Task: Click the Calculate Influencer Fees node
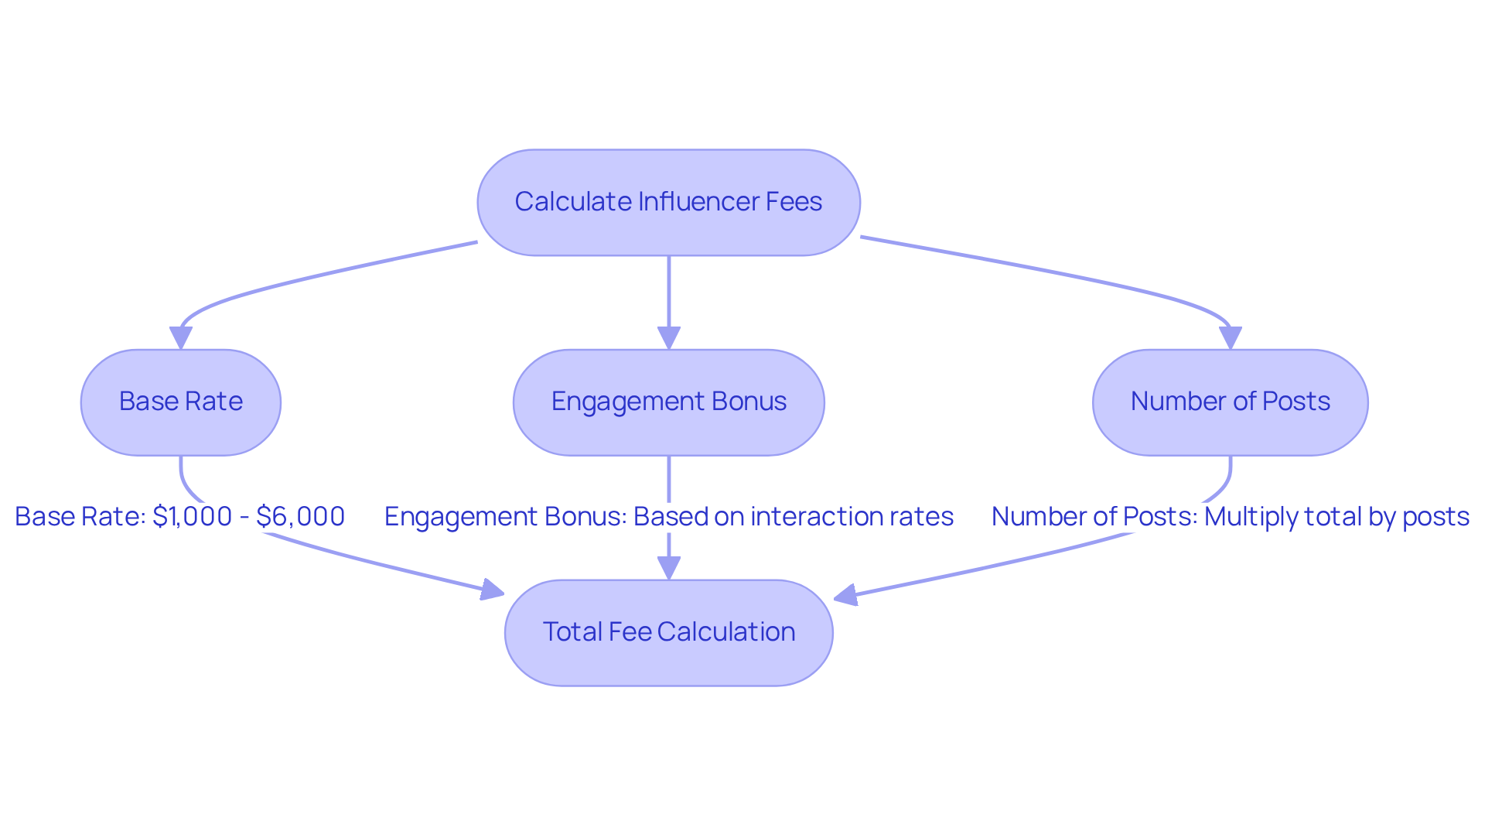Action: pos(668,202)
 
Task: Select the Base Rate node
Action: pos(180,402)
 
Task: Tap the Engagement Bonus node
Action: pos(668,402)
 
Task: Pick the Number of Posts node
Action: pos(1230,402)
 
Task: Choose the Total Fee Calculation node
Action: pos(668,632)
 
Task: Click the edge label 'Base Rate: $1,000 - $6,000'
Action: pos(179,516)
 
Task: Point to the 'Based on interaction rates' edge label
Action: pos(793,516)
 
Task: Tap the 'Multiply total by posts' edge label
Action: pos(1336,516)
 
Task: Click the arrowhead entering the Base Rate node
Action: pos(180,338)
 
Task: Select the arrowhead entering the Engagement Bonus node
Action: pos(668,338)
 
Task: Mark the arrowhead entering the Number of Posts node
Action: pos(1230,338)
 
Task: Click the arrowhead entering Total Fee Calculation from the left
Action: pos(492,590)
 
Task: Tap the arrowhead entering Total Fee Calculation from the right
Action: pos(846,595)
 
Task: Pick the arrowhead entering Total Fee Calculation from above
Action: pos(668,569)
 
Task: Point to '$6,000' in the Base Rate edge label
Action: pos(300,516)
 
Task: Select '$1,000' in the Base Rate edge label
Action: pos(192,516)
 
